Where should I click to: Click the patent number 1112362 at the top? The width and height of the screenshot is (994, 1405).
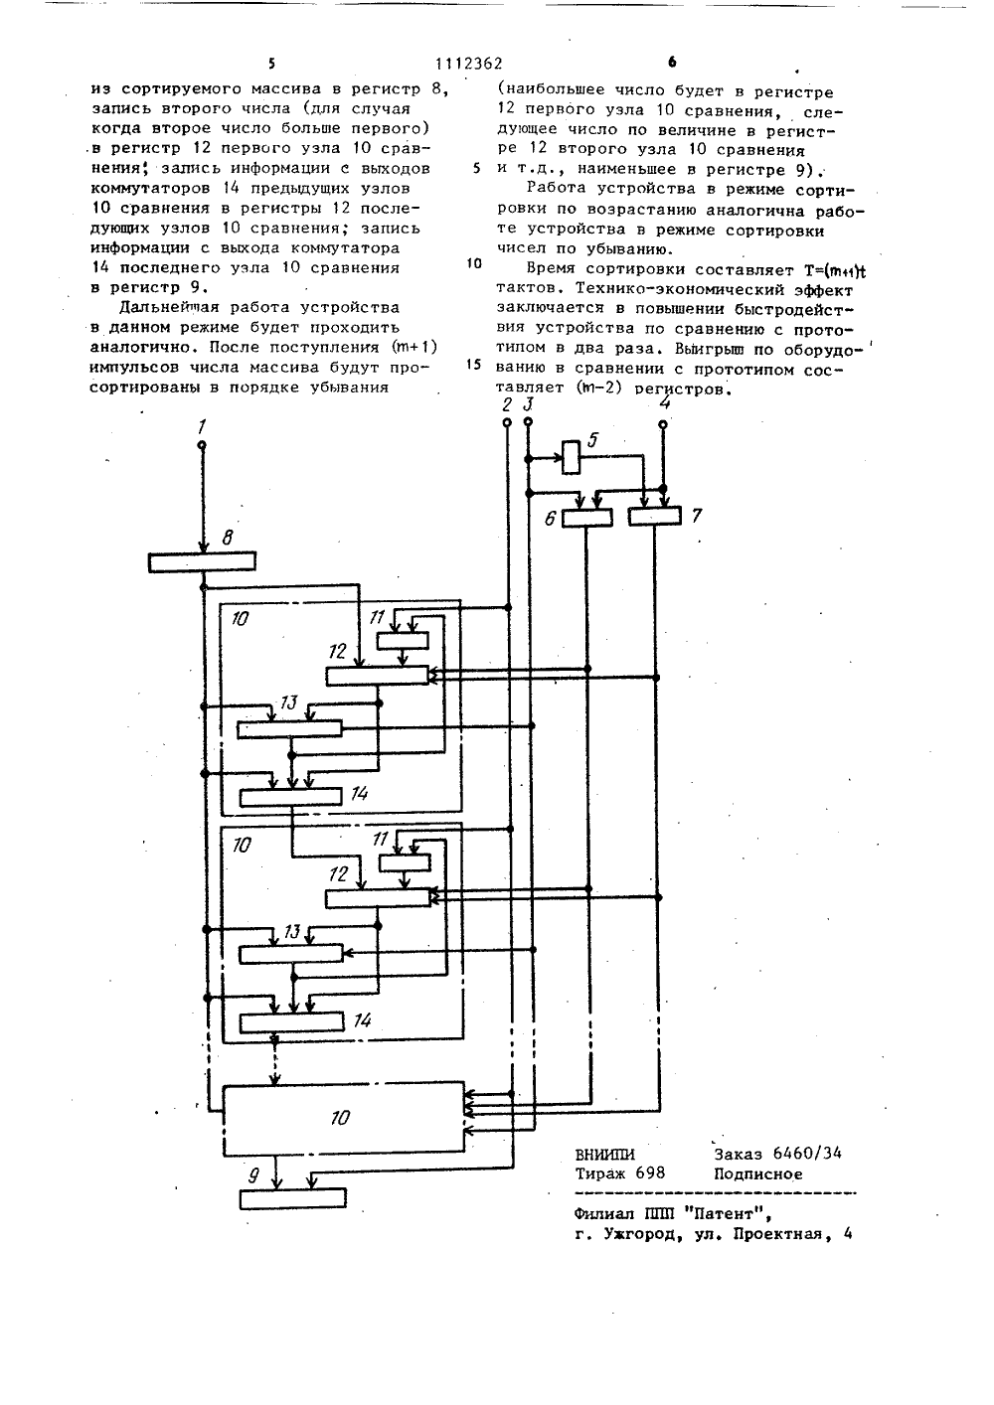pyautogui.click(x=469, y=64)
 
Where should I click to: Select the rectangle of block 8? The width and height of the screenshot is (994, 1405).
pyautogui.click(x=202, y=561)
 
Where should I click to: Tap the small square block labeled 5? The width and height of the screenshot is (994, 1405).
pyautogui.click(x=571, y=457)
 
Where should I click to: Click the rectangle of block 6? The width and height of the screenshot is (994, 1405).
pyautogui.click(x=586, y=518)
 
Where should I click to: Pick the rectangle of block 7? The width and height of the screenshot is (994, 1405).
pyautogui.click(x=654, y=517)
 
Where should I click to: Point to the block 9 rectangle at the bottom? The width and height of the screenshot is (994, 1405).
pyautogui.click(x=293, y=1198)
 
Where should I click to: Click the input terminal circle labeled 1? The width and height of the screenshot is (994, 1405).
pyautogui.click(x=202, y=445)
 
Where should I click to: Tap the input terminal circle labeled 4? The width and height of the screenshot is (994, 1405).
pyautogui.click(x=663, y=424)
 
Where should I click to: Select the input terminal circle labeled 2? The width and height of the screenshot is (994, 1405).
pyautogui.click(x=507, y=422)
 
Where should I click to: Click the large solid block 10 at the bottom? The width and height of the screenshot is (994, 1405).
pyautogui.click(x=344, y=1119)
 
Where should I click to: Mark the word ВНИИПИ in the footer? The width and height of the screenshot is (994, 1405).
pyautogui.click(x=605, y=1155)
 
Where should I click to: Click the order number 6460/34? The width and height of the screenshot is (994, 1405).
pyautogui.click(x=807, y=1153)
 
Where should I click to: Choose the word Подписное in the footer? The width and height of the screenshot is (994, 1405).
pyautogui.click(x=758, y=1173)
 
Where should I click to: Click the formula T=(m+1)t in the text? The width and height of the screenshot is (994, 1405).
pyautogui.click(x=835, y=270)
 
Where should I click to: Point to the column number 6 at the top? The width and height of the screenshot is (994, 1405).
pyautogui.click(x=672, y=62)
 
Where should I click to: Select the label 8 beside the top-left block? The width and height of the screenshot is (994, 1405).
pyautogui.click(x=228, y=539)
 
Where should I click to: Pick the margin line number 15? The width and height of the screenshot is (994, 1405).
pyautogui.click(x=474, y=365)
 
